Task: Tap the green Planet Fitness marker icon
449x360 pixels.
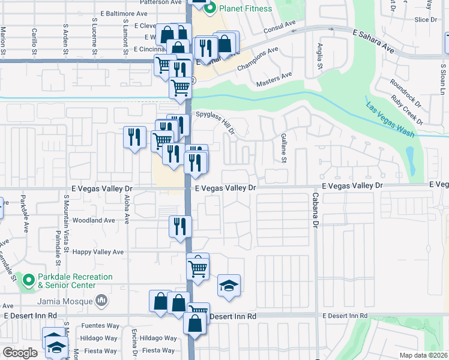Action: [x=210, y=8]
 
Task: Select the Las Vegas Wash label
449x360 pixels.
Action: [x=390, y=119]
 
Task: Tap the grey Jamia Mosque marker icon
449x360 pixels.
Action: [x=103, y=299]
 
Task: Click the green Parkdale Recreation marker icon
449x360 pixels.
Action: [x=28, y=280]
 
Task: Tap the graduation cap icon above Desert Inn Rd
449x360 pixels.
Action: [x=229, y=286]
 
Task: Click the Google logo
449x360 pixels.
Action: [x=20, y=353]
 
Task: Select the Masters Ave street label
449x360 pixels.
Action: [x=274, y=79]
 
